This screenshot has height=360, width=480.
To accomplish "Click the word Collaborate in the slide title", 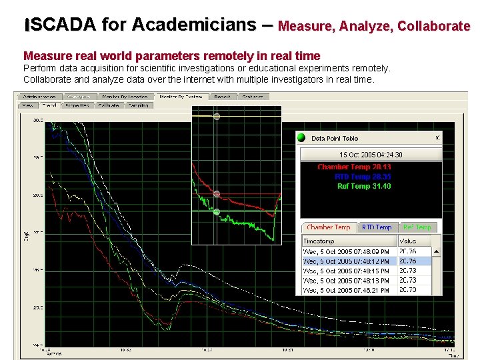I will click(434, 27).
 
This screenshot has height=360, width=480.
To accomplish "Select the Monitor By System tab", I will click(181, 97).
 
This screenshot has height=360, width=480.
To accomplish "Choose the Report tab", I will click(222, 97).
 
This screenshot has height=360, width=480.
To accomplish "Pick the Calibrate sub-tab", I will click(108, 105).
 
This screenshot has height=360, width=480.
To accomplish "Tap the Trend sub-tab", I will click(49, 105).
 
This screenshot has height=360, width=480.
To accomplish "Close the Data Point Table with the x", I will click(437, 137).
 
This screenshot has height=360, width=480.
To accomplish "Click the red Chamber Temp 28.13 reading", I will click(354, 167).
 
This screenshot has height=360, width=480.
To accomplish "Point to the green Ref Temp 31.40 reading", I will click(364, 186).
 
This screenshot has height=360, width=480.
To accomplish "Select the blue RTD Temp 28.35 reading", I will click(363, 177).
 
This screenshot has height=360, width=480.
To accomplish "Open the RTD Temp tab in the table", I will click(377, 227).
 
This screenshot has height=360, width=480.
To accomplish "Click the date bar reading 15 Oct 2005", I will click(371, 155).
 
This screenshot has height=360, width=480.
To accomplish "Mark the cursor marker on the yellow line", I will click(217, 117).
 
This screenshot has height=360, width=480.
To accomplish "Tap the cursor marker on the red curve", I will click(217, 194).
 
